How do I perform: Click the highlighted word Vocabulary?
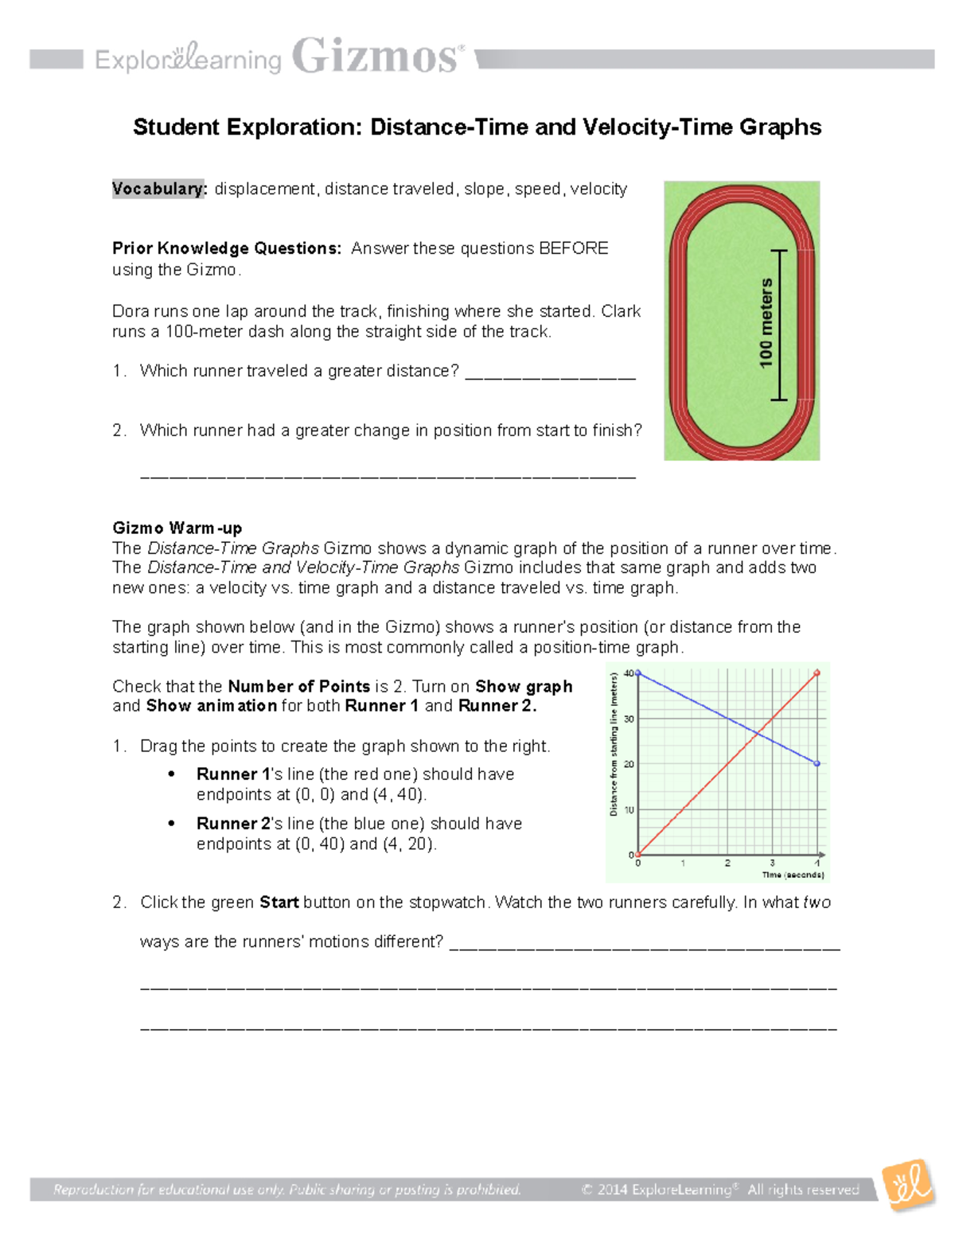158,189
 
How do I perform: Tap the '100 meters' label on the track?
766,323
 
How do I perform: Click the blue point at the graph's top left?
638,673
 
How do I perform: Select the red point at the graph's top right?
817,673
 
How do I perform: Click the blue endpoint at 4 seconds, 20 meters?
817,764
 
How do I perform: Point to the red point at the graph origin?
638,855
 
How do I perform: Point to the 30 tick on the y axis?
629,719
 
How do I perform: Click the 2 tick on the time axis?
727,864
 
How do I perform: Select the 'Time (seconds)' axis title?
793,875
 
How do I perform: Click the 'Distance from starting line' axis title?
614,745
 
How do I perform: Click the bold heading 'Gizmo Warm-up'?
177,528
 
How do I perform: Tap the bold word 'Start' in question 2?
279,903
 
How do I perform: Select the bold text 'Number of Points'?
298,686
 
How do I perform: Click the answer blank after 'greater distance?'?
550,372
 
